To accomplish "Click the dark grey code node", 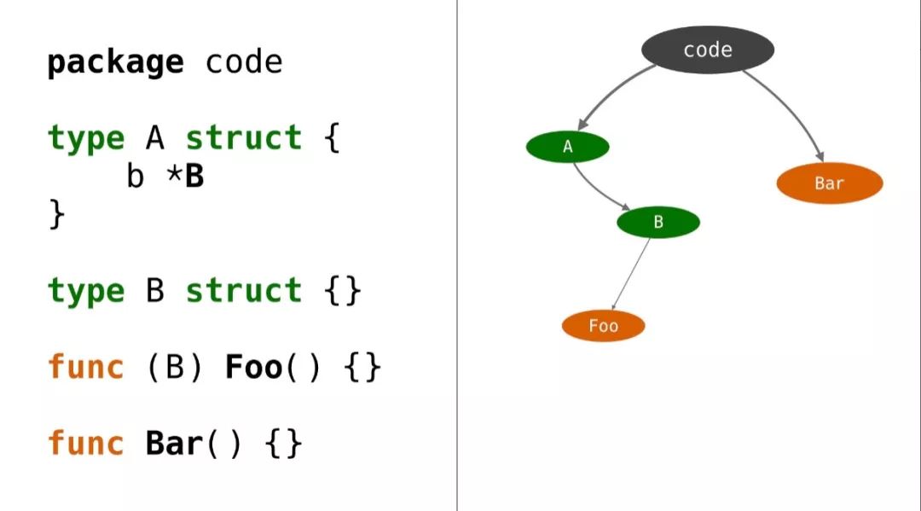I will tap(707, 49).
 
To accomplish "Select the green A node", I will tap(568, 148).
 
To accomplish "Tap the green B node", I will tap(658, 223).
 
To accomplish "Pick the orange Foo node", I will tap(603, 326).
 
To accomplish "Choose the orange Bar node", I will tap(829, 183).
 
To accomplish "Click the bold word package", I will tap(114, 62).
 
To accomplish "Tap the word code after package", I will tap(244, 62).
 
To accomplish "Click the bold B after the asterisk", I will tap(194, 177).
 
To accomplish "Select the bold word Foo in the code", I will tap(253, 368).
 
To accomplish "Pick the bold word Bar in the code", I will tap(175, 444).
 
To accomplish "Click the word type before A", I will tap(85, 138).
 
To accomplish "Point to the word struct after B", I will tap(244, 291).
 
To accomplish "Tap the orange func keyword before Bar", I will tap(85, 444).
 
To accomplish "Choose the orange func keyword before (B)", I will tap(85, 368).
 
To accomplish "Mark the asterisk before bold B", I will tap(174, 177).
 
